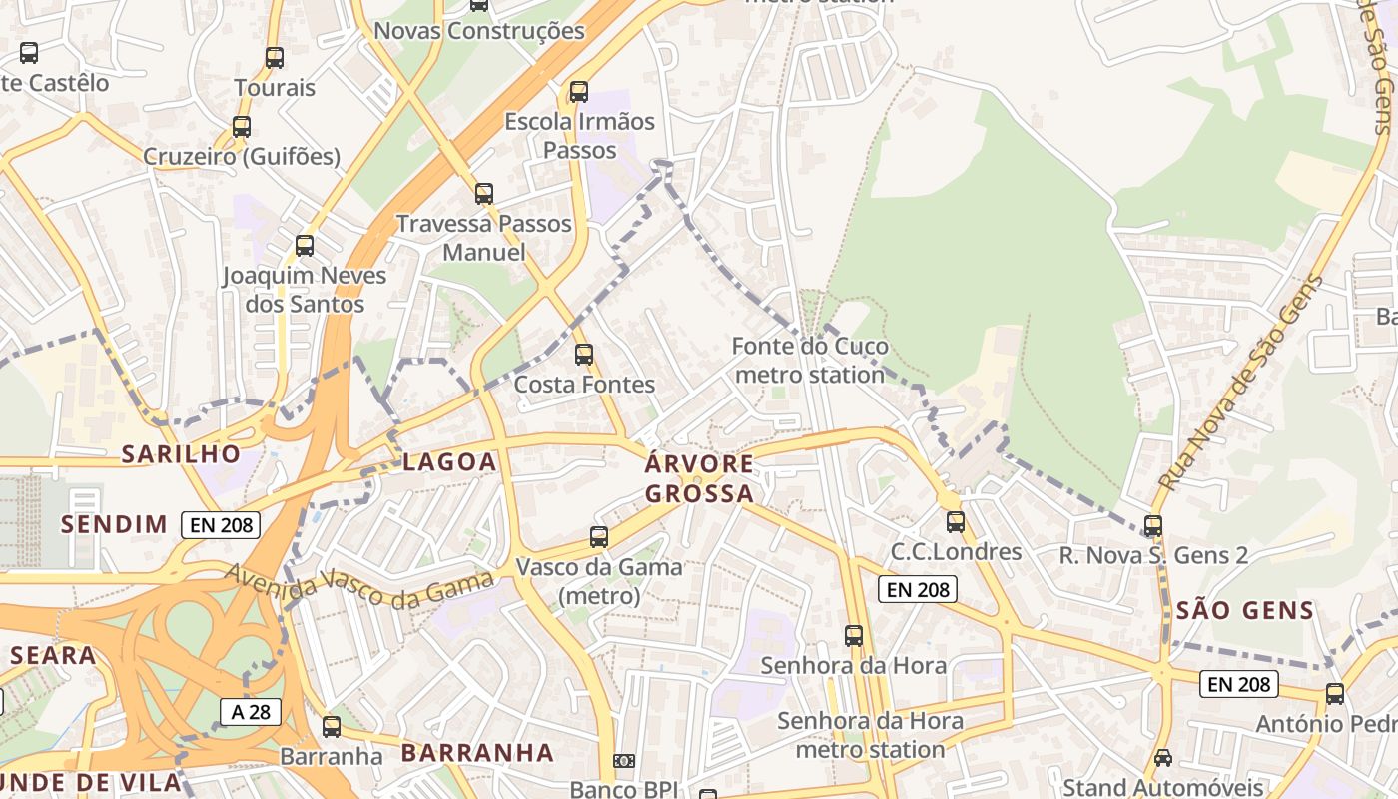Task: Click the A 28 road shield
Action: point(250,712)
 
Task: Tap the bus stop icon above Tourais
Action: point(275,58)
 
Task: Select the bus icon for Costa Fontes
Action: point(584,355)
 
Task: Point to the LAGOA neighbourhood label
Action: point(449,461)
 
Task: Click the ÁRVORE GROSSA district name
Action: point(699,479)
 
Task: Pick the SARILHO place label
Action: point(181,454)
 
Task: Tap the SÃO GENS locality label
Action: point(1244,610)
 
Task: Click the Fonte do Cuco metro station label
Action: point(809,361)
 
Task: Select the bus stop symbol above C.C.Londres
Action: point(956,522)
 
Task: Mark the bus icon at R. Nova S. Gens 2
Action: point(1153,526)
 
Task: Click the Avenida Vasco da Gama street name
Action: point(359,585)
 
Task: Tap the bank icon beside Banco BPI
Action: point(624,762)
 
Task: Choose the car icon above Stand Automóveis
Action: point(1162,758)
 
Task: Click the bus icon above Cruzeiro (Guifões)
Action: point(242,127)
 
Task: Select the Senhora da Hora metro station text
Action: point(870,735)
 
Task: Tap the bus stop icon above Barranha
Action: point(332,727)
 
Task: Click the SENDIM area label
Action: point(114,524)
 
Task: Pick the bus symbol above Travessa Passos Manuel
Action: point(484,194)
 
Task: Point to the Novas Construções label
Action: point(478,31)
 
